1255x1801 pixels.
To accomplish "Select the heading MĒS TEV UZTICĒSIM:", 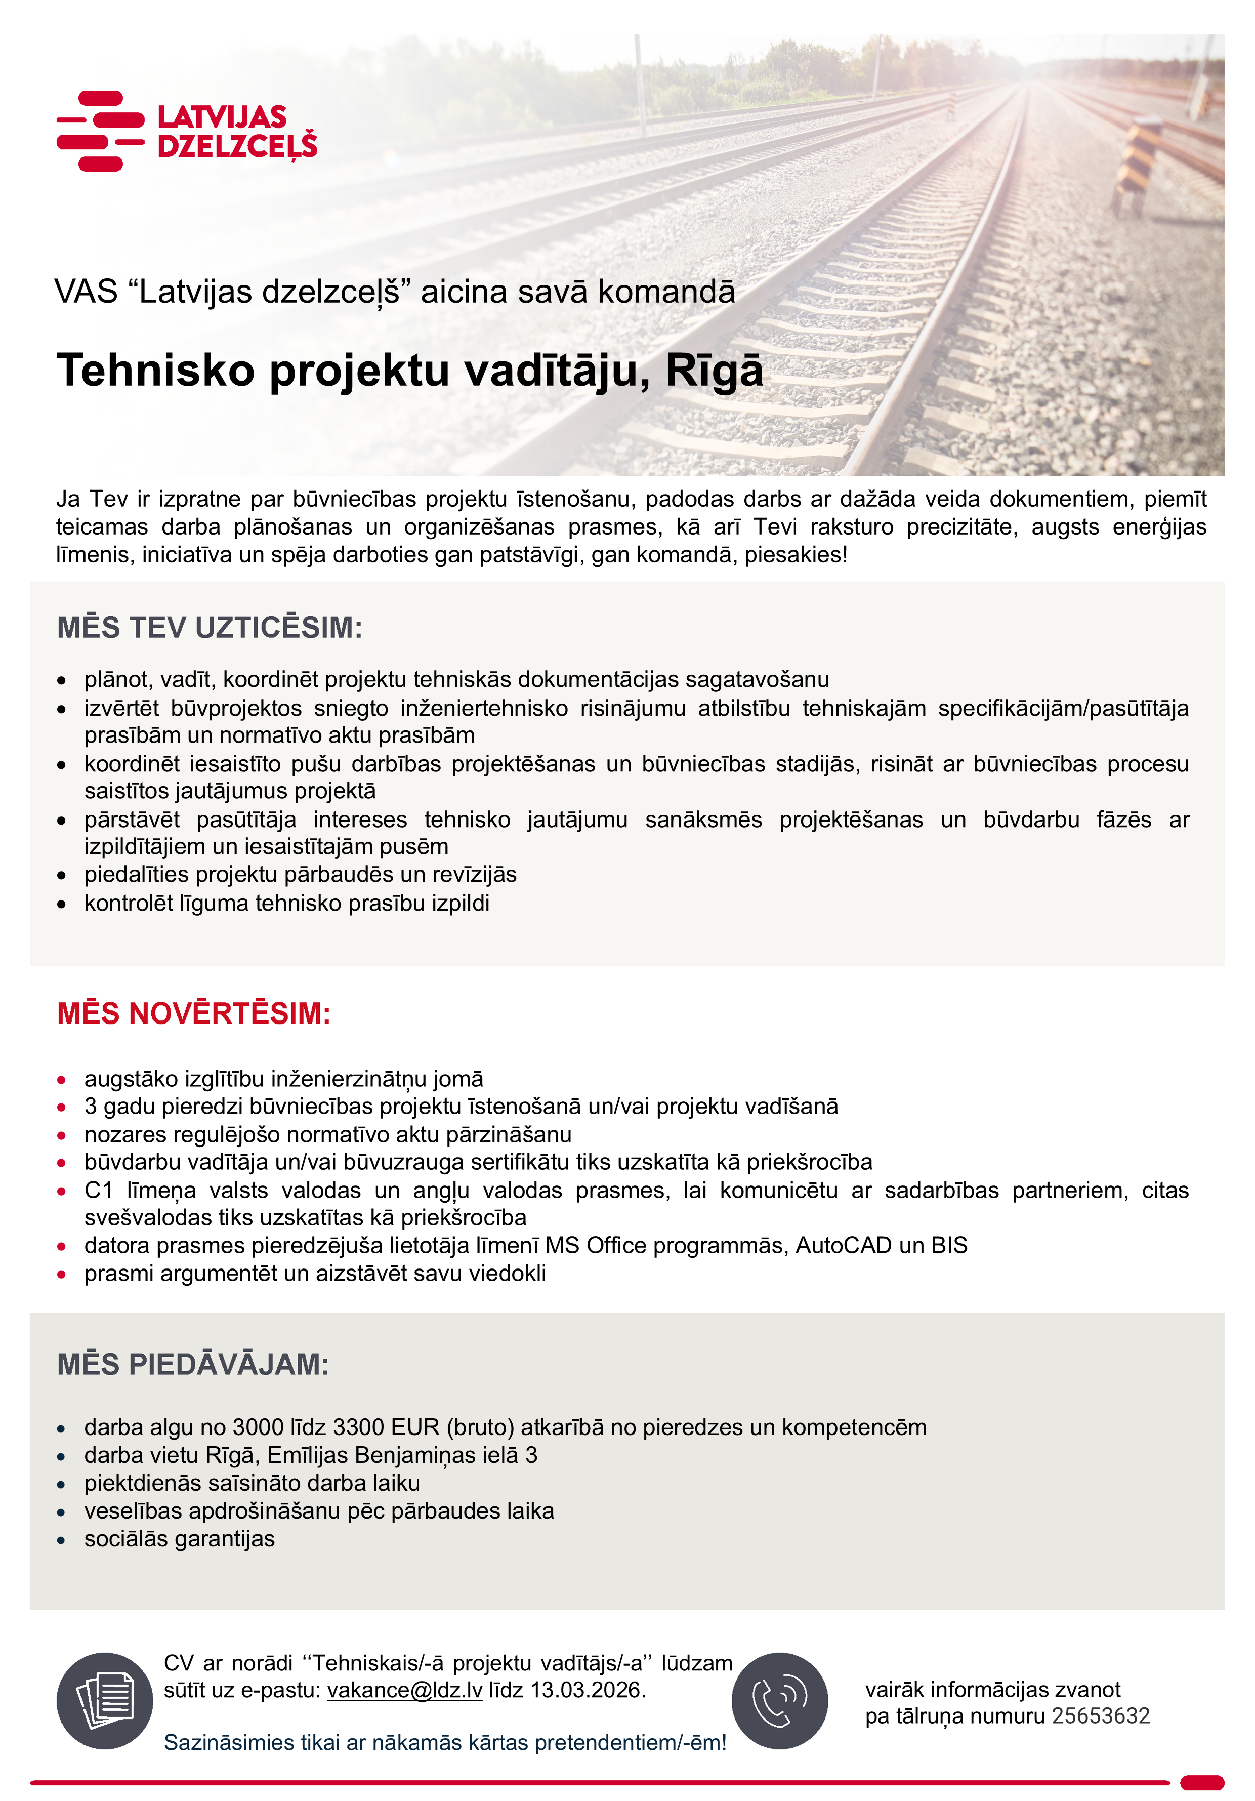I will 210,628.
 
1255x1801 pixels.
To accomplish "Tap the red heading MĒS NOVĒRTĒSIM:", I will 194,1013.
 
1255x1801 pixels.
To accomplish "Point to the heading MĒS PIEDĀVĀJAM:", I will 193,1364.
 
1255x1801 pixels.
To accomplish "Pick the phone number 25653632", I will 1101,1716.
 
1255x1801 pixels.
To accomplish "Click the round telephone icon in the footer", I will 780,1701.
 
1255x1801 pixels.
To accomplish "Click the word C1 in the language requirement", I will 99,1190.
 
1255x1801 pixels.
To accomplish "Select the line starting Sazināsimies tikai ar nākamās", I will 445,1742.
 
